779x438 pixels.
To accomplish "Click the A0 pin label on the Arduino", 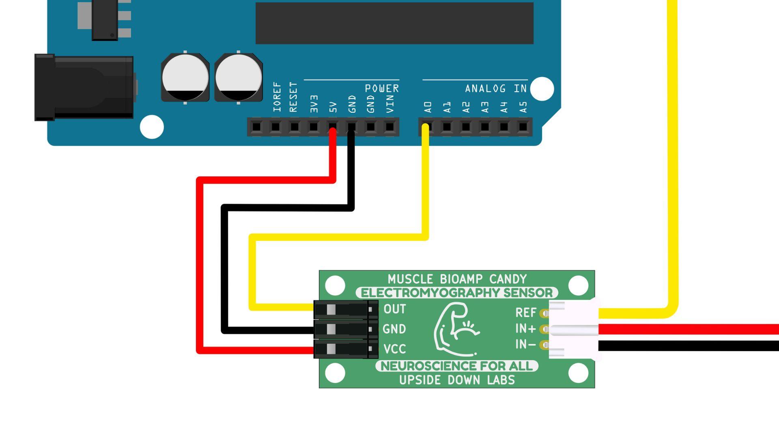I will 428,107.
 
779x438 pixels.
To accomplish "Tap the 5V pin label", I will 333,107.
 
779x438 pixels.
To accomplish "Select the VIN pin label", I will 390,104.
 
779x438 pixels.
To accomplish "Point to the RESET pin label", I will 293,97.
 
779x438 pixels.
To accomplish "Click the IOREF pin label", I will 277,97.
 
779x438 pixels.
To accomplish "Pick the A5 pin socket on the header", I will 523,127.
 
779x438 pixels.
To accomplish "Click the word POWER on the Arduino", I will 382,88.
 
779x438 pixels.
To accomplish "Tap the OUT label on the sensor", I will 394,309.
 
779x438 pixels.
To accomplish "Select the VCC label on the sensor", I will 394,349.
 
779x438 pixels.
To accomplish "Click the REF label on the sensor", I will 526,313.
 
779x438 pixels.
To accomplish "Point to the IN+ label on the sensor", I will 525,328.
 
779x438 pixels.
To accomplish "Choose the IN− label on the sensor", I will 525,344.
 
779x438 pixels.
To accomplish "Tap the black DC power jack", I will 84,88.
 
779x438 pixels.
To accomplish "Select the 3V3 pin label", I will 314,104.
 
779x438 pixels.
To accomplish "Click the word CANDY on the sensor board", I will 508,279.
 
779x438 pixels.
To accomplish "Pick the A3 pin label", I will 485,107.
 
